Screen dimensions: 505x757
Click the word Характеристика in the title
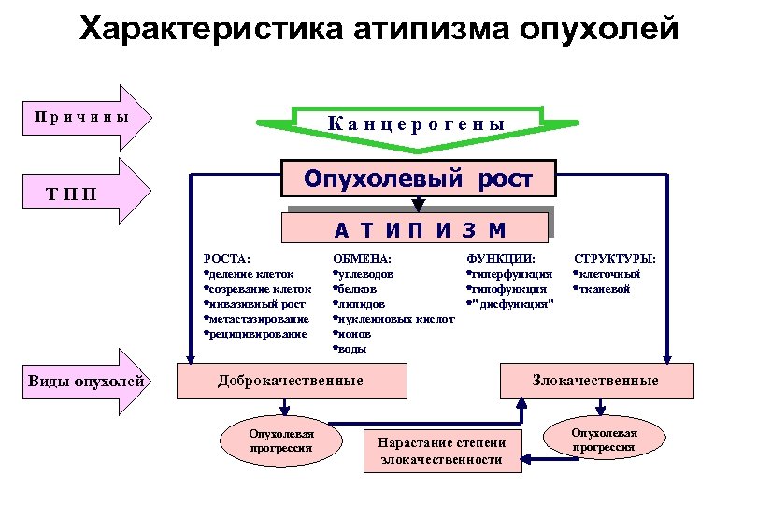(x=211, y=30)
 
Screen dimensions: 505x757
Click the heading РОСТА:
(x=227, y=258)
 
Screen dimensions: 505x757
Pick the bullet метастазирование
(x=255, y=318)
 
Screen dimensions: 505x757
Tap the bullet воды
(x=352, y=348)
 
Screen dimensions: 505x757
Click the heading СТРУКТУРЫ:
(x=614, y=258)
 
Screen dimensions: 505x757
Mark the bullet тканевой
(x=603, y=288)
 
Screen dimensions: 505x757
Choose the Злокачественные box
(x=596, y=380)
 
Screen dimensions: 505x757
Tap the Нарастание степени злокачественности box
(x=442, y=451)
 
